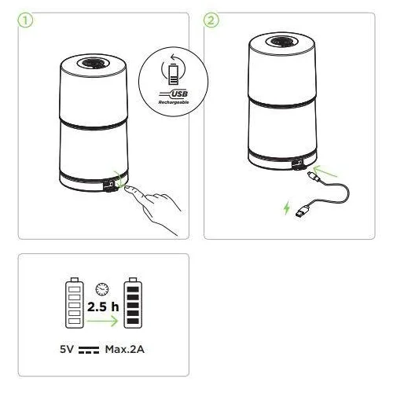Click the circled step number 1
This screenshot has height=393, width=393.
point(25,20)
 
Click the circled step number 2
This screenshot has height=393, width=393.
point(211,20)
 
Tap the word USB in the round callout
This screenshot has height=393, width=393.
point(179,94)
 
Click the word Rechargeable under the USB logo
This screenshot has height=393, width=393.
point(174,102)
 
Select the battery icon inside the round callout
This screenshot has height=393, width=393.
point(173,74)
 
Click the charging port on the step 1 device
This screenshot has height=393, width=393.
point(110,185)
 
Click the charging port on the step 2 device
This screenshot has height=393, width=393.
point(298,163)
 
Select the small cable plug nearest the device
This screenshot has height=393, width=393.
point(314,176)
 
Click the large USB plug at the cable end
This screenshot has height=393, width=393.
point(303,211)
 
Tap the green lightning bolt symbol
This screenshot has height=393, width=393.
point(287,208)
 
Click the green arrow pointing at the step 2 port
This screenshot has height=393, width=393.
point(325,171)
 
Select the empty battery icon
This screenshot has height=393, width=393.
point(75,303)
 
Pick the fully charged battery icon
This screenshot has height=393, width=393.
point(133,303)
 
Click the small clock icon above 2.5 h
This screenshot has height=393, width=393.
point(102,289)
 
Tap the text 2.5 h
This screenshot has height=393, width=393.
point(103,307)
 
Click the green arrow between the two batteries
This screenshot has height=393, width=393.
point(102,321)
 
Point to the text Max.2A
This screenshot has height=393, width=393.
point(125,349)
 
